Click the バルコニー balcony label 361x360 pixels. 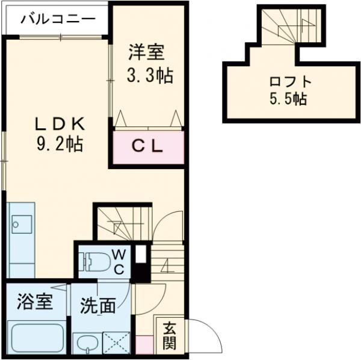pos(58,18)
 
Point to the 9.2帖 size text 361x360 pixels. pos(58,144)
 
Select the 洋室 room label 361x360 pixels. pos(146,53)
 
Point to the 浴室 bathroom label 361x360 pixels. pos(34,301)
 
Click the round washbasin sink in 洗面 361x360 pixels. pos(85,344)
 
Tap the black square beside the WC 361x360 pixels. pos(140,254)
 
